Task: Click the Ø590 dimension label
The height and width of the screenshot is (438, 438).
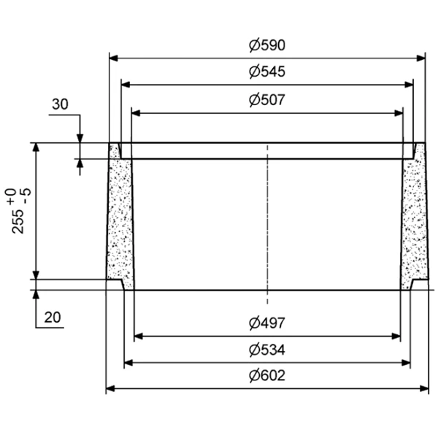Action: [266, 45]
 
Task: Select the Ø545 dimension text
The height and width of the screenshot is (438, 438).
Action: [266, 72]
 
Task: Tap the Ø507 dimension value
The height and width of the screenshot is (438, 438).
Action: [266, 101]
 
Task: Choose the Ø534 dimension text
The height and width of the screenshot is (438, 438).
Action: [266, 350]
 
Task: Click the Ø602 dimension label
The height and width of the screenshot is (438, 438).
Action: [266, 377]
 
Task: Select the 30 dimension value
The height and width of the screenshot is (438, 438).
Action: [60, 104]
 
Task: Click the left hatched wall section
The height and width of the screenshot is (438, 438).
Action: [120, 219]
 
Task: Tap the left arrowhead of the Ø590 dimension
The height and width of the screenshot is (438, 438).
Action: [114, 57]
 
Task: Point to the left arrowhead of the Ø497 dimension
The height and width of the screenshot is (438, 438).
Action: [139, 337]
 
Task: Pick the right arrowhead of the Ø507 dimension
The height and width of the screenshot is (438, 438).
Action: [399, 113]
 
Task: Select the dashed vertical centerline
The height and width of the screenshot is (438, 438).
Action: [268, 219]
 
